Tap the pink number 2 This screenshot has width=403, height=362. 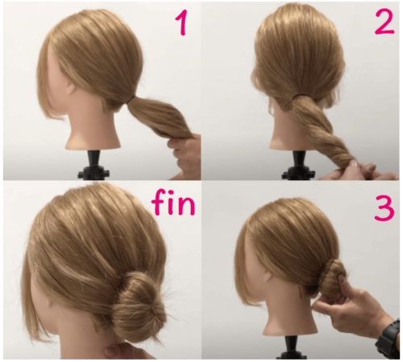point(384,23)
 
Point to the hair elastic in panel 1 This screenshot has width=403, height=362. point(131,100)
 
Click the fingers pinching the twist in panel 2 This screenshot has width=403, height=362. point(357,171)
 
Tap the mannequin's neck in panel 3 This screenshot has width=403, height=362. point(289,315)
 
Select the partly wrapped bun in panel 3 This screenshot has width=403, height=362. point(332,279)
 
